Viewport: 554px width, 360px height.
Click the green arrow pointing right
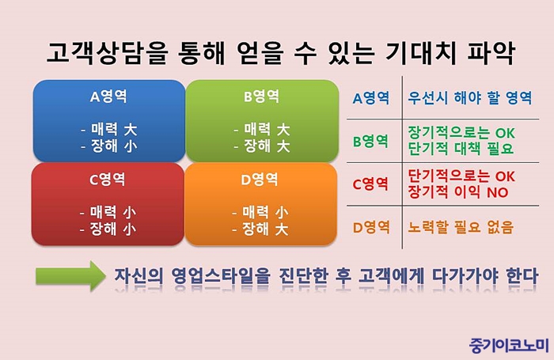pos(70,275)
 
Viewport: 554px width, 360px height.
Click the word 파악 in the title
pos(491,53)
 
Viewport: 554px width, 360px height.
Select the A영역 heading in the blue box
pos(108,96)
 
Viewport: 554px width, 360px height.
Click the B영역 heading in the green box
pos(261,96)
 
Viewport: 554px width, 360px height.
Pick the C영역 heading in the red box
pos(108,180)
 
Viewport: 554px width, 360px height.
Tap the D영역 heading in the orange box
pos(260,180)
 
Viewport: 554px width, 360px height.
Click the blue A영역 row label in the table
pos(371,98)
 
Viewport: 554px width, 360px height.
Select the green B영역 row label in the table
pos(370,141)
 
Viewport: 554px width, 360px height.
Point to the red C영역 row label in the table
pos(370,184)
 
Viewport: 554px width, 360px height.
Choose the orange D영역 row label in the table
pos(371,227)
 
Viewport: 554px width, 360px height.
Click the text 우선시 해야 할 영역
pos(469,97)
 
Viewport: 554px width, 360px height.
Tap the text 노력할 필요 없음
pos(461,227)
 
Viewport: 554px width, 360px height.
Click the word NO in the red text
pos(498,192)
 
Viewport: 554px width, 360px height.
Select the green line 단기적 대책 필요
pos(461,149)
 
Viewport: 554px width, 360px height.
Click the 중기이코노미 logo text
pos(509,345)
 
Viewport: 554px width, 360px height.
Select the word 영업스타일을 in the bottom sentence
pos(221,276)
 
